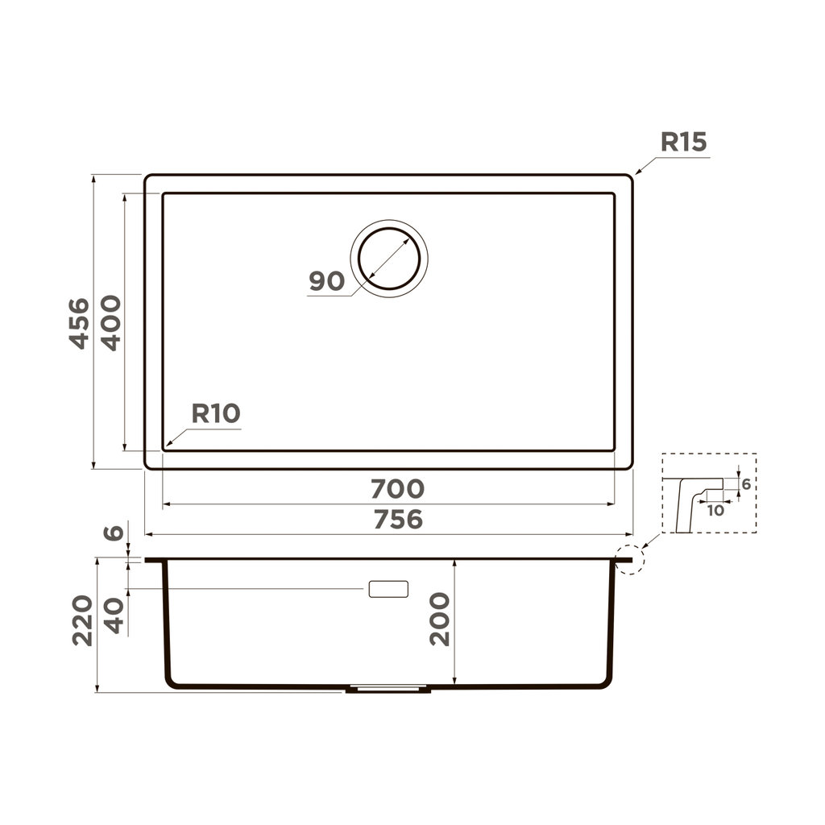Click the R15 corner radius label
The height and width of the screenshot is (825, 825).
pos(683,143)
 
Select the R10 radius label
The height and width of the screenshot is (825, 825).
pos(216,414)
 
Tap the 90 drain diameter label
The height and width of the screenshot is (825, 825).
pos(327,282)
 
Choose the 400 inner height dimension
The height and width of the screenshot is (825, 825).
pos(110,322)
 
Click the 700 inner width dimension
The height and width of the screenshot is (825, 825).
pos(396,489)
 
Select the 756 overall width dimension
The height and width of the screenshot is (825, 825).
pos(396,520)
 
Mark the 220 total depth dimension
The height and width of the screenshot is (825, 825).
pos(82,620)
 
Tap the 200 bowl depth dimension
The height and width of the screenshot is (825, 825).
pos(440,619)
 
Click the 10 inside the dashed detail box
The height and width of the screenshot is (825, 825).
pos(715,510)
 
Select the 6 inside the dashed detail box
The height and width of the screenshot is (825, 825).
pos(746,484)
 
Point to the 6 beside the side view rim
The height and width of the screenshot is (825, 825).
pos(115,533)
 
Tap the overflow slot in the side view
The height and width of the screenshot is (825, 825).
pos(388,589)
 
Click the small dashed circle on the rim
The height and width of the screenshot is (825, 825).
pos(628,558)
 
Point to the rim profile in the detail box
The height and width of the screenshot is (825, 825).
pos(691,500)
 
